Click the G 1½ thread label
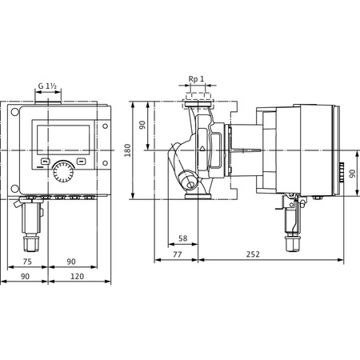(x=49, y=85)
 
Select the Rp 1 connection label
(x=196, y=80)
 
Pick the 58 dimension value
(x=183, y=238)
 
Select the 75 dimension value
(x=27, y=261)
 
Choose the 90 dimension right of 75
(x=71, y=261)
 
